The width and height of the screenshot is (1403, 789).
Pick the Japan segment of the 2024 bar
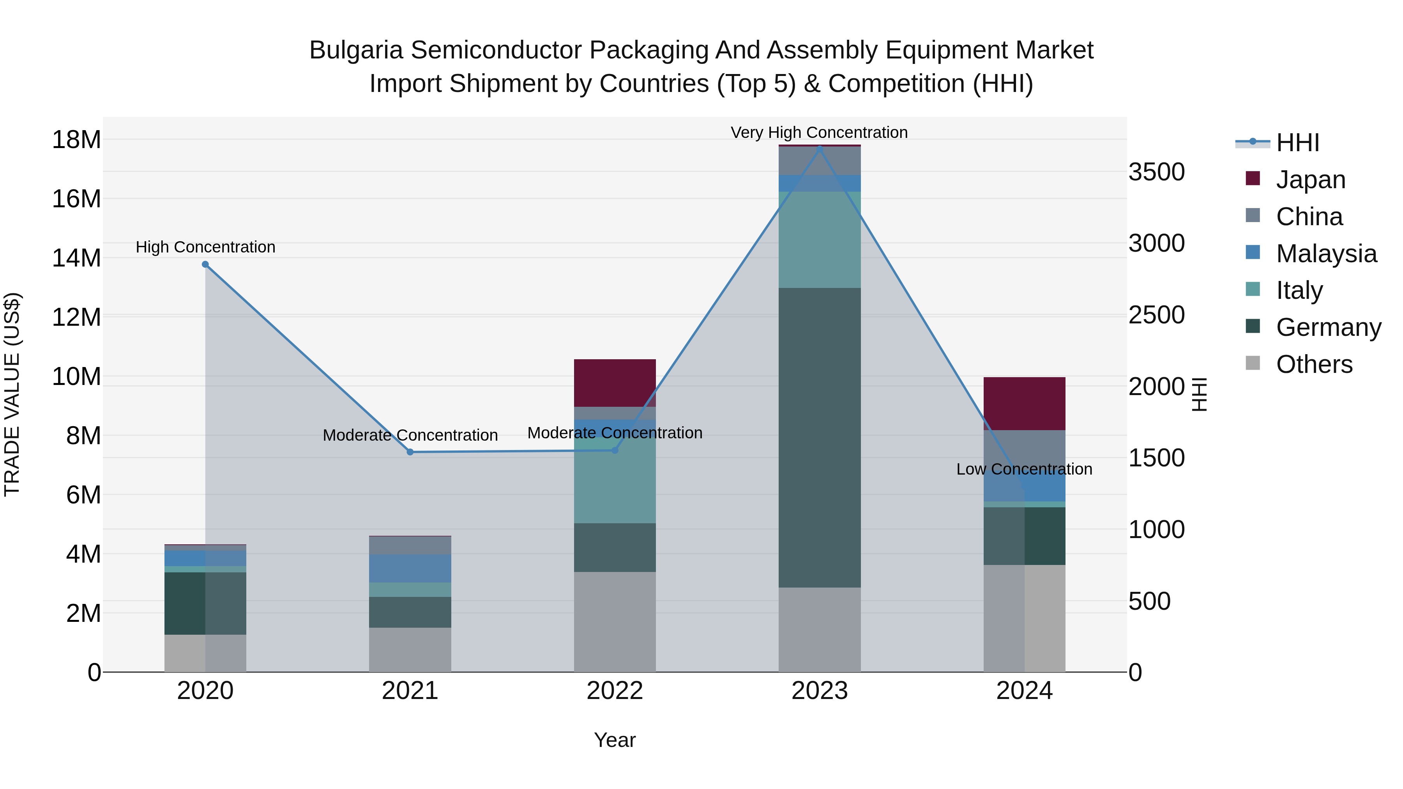tap(1024, 403)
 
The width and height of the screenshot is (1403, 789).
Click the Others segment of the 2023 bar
tap(819, 629)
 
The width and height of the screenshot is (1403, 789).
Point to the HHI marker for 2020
tap(205, 265)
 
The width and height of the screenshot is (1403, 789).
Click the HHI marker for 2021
tap(410, 452)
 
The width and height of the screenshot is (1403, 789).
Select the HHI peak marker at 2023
tap(819, 148)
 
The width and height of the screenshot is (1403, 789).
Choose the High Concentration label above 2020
tap(205, 247)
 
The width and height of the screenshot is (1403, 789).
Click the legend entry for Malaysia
tap(1326, 253)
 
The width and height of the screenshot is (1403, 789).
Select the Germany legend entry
tap(1328, 327)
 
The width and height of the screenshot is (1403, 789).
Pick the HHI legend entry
tap(1297, 143)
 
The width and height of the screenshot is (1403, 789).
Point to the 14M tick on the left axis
tap(76, 258)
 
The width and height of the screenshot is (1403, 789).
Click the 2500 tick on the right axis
tap(1156, 315)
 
